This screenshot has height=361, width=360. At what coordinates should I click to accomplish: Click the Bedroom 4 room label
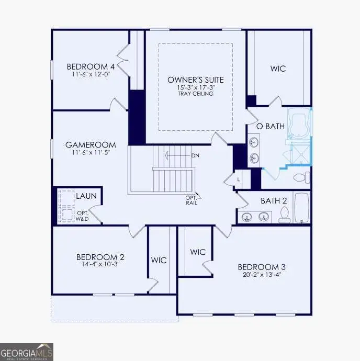coord(91,67)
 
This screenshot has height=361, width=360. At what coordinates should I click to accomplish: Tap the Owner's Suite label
coord(195,80)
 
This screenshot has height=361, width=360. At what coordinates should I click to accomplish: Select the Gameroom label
coord(91,145)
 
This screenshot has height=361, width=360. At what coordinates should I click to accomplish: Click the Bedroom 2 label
coord(100,257)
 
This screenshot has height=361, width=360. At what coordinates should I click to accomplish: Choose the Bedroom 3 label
coord(261,267)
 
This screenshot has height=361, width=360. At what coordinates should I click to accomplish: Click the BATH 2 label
coord(274,200)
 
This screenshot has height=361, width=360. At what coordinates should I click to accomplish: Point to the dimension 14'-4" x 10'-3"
coord(100,265)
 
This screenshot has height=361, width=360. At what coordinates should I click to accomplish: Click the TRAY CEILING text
coord(195,94)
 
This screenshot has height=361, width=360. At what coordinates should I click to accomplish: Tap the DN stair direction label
coord(195,155)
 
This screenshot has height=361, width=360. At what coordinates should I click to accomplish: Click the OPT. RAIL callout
coord(191,200)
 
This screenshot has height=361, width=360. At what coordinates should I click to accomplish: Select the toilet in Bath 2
coord(285,215)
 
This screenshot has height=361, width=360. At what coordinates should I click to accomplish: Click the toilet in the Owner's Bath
coord(300,177)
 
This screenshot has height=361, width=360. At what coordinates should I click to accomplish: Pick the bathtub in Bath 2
coord(302,208)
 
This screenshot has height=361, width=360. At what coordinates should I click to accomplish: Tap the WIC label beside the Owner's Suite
coord(278,69)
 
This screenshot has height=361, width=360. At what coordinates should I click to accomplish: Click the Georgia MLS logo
coord(27,352)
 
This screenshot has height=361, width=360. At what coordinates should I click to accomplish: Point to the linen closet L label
coord(239,179)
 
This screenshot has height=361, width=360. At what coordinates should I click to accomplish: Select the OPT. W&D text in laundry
coord(83,215)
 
